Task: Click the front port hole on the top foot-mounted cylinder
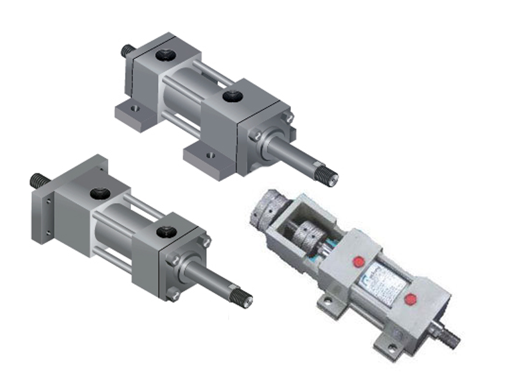click(x=231, y=97)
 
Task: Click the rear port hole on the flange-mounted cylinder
click(x=99, y=193)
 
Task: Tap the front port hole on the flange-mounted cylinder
click(x=169, y=232)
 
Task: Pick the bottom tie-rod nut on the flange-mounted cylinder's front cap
click(x=174, y=295)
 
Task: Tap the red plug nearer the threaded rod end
click(x=409, y=298)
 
